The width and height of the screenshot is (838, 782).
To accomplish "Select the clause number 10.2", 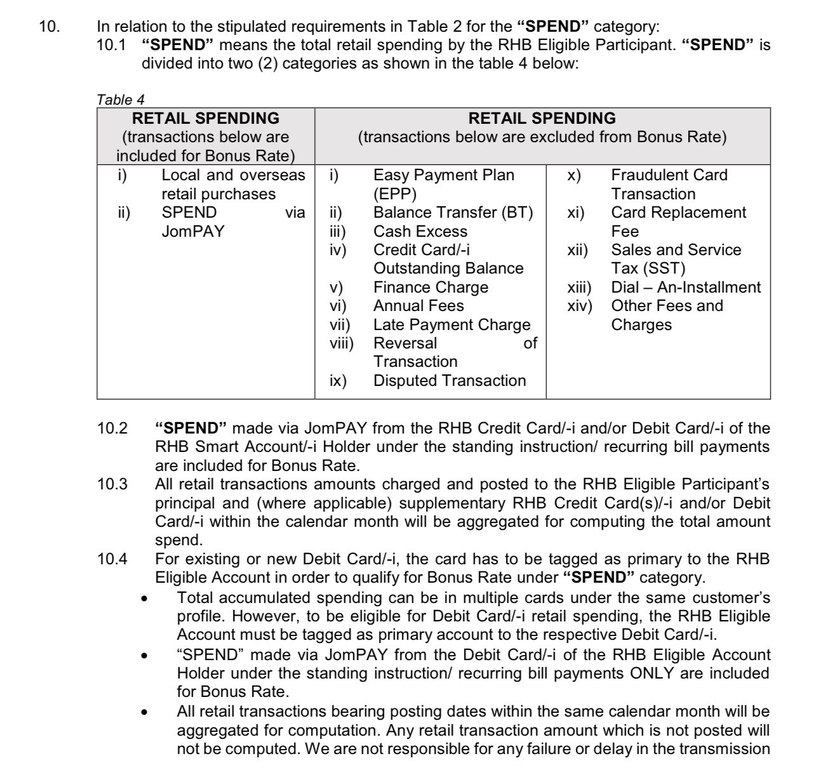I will (x=112, y=428).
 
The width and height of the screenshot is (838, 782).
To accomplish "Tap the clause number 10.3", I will (x=112, y=484).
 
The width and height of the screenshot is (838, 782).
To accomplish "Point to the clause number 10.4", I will (x=112, y=559).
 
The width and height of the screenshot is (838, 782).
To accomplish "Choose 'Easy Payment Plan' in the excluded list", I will (x=443, y=175).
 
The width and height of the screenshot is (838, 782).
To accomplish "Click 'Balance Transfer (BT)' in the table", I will (x=453, y=213).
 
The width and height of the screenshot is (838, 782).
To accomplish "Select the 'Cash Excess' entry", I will (x=420, y=232).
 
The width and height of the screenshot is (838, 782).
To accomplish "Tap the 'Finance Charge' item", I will (x=430, y=288).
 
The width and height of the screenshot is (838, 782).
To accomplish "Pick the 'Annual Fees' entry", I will (x=418, y=306).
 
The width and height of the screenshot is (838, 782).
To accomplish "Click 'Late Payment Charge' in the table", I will (x=451, y=325).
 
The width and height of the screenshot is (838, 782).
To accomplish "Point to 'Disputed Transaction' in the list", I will (x=449, y=381).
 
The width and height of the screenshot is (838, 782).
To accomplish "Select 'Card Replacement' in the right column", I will (x=678, y=213).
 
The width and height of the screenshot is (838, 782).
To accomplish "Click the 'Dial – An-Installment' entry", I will (x=686, y=288).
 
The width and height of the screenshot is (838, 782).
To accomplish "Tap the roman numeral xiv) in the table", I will (x=579, y=306).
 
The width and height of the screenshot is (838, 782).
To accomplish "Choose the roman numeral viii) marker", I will (x=342, y=343).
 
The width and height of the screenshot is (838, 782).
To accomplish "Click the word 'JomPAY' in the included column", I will (x=193, y=232).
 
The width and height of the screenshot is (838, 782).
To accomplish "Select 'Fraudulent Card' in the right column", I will (x=669, y=175).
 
